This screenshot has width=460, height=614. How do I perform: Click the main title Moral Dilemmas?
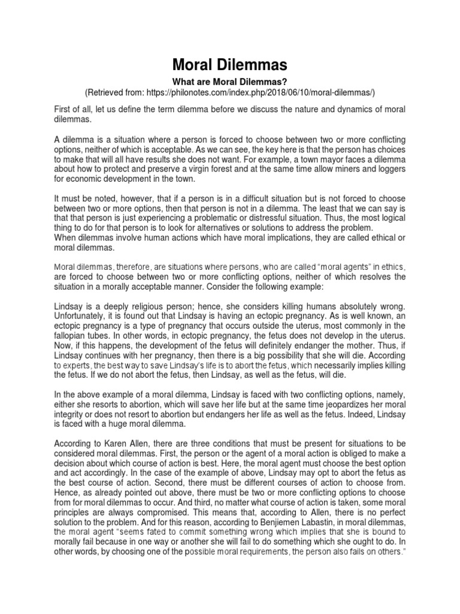[x=229, y=65]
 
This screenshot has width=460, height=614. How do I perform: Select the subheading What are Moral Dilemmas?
[x=229, y=81]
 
